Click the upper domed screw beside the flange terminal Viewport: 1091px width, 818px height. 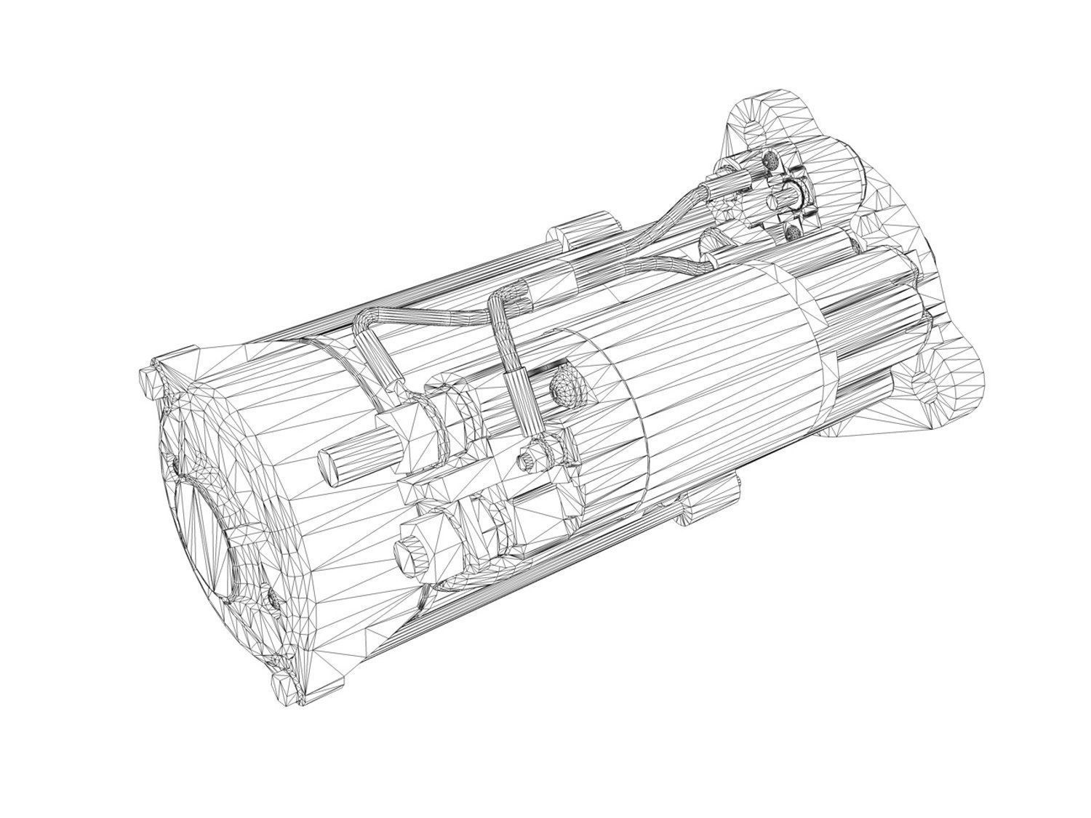[x=771, y=161]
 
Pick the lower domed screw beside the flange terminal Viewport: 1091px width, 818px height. [x=793, y=233]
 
